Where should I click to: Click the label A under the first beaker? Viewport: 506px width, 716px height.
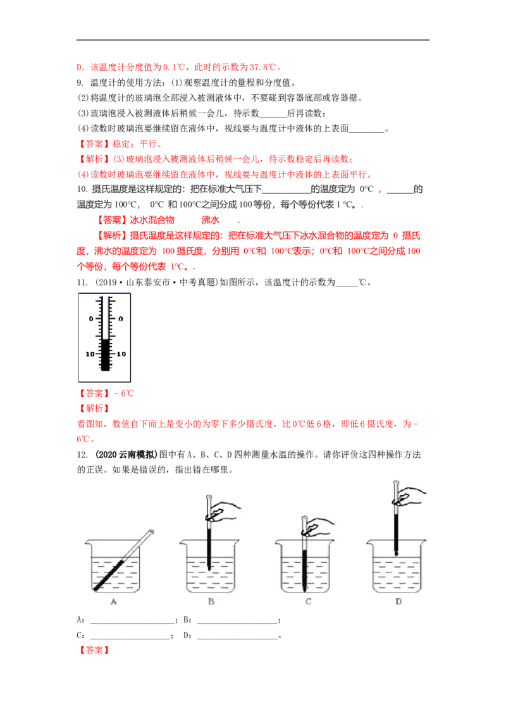pyautogui.click(x=114, y=602)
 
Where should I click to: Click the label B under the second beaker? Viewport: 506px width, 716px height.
pyautogui.click(x=211, y=602)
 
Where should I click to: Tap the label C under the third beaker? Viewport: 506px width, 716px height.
pyautogui.click(x=308, y=602)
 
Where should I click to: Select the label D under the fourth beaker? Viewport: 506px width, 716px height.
pyautogui.click(x=398, y=602)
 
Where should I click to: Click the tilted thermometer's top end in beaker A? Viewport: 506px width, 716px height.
pyautogui.click(x=151, y=531)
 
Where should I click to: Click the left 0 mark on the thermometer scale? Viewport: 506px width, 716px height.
pyautogui.click(x=91, y=319)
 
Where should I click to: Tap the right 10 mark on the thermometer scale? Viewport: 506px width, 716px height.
pyautogui.click(x=121, y=354)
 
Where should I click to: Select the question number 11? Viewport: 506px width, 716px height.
pyautogui.click(x=82, y=282)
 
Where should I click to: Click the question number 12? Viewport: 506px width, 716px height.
pyautogui.click(x=82, y=454)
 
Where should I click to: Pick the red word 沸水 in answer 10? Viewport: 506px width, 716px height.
pyautogui.click(x=210, y=220)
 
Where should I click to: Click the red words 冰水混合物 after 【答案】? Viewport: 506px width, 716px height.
pyautogui.click(x=152, y=220)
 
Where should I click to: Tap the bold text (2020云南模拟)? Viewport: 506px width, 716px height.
pyautogui.click(x=126, y=454)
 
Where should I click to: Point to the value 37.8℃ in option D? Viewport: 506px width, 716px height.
pyautogui.click(x=263, y=67)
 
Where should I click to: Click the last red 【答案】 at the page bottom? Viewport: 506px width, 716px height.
pyautogui.click(x=94, y=650)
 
